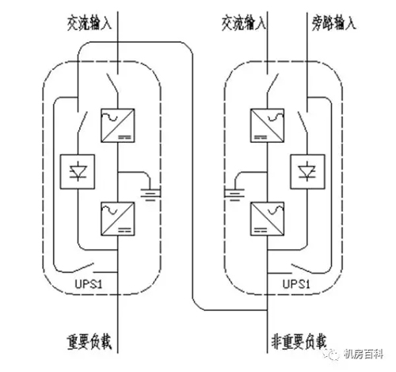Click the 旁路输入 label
[334, 23]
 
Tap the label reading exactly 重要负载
[89, 342]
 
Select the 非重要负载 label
[299, 342]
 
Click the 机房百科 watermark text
[364, 354]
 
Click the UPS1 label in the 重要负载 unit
[89, 284]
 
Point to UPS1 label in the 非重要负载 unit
[296, 284]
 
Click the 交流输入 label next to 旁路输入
[243, 23]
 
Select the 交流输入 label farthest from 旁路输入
[89, 23]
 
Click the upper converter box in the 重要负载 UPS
[118, 125]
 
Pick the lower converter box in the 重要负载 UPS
[118, 219]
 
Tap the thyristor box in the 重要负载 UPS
[78, 172]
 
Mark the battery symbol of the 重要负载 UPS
[150, 194]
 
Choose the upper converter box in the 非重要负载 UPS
[267, 125]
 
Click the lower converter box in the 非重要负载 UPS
[267, 219]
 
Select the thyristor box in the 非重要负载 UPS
[307, 172]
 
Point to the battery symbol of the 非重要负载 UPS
[234, 194]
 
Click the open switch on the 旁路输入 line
[303, 122]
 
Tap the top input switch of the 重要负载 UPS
[112, 83]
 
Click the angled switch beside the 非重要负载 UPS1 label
[301, 268]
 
